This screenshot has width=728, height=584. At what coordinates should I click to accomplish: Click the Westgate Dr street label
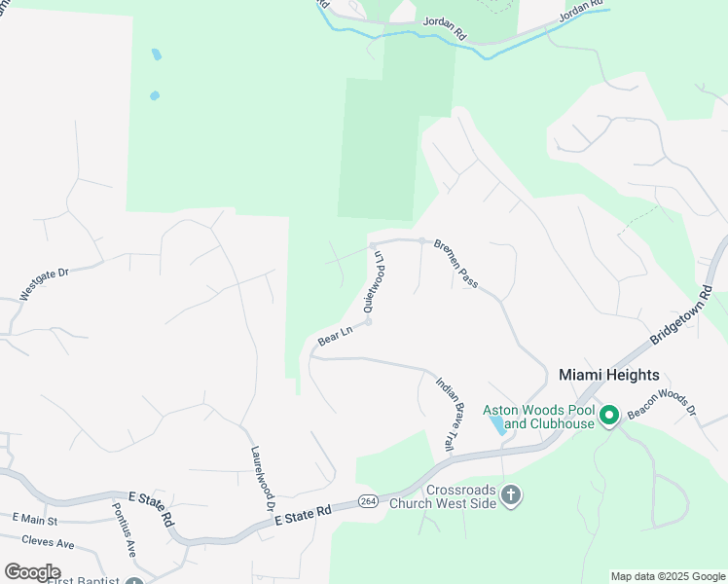pyautogui.click(x=46, y=284)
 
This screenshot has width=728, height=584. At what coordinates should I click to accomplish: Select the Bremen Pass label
pyautogui.click(x=455, y=263)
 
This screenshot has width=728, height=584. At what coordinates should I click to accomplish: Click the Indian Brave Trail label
pyautogui.click(x=445, y=414)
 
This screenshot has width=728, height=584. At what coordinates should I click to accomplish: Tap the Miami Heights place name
pyautogui.click(x=609, y=375)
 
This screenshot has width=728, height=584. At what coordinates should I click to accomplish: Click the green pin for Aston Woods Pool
pyautogui.click(x=609, y=417)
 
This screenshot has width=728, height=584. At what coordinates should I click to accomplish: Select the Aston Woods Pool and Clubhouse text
pyautogui.click(x=538, y=417)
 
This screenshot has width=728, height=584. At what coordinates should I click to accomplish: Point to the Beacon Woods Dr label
pyautogui.click(x=663, y=405)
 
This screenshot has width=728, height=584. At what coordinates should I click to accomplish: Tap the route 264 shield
pyautogui.click(x=367, y=500)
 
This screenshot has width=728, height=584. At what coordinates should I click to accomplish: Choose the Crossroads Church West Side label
pyautogui.click(x=443, y=496)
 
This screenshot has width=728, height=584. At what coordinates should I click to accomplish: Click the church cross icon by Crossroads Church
pyautogui.click(x=511, y=496)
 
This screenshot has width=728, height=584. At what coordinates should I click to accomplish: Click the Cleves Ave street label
pyautogui.click(x=49, y=540)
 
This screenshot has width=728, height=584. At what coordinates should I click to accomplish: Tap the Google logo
pyautogui.click(x=32, y=571)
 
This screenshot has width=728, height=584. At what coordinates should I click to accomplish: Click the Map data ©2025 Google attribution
pyautogui.click(x=668, y=576)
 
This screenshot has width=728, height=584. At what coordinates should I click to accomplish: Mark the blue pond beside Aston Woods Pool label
pyautogui.click(x=496, y=424)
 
